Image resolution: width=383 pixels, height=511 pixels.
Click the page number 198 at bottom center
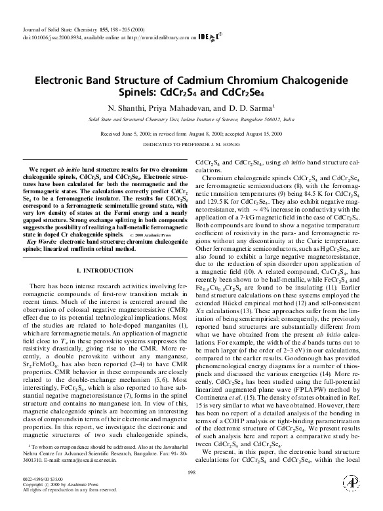pyautogui.click(x=191, y=472)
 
